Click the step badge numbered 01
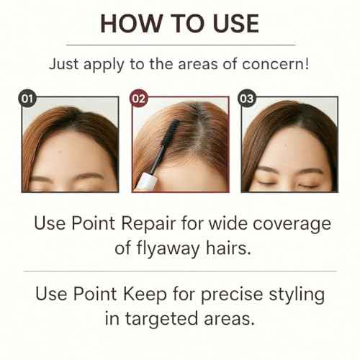click(27, 99)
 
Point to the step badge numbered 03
click(246, 99)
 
